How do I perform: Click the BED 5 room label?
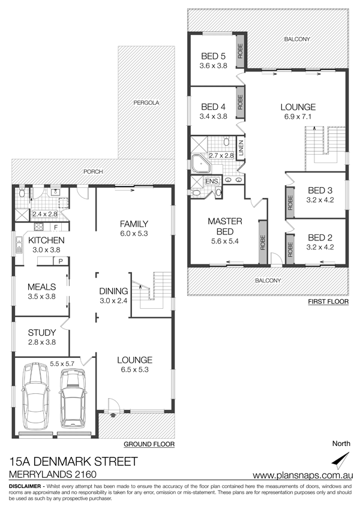click(213, 56)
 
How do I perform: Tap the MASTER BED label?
click(225, 226)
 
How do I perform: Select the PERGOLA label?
click(146, 103)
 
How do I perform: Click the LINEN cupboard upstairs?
click(241, 149)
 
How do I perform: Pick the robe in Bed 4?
click(241, 103)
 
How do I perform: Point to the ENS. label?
click(213, 181)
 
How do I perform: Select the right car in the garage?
click(73, 397)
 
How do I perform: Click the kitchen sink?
click(19, 245)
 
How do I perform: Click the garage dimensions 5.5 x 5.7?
click(62, 364)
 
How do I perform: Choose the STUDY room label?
click(42, 332)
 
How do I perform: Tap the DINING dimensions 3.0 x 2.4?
click(113, 300)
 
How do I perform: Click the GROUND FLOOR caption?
click(149, 444)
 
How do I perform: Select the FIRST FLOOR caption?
click(328, 302)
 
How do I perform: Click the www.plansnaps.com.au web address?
click(303, 475)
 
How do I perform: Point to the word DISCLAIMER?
click(25, 486)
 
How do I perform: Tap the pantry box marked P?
click(61, 261)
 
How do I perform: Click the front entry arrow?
click(113, 414)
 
